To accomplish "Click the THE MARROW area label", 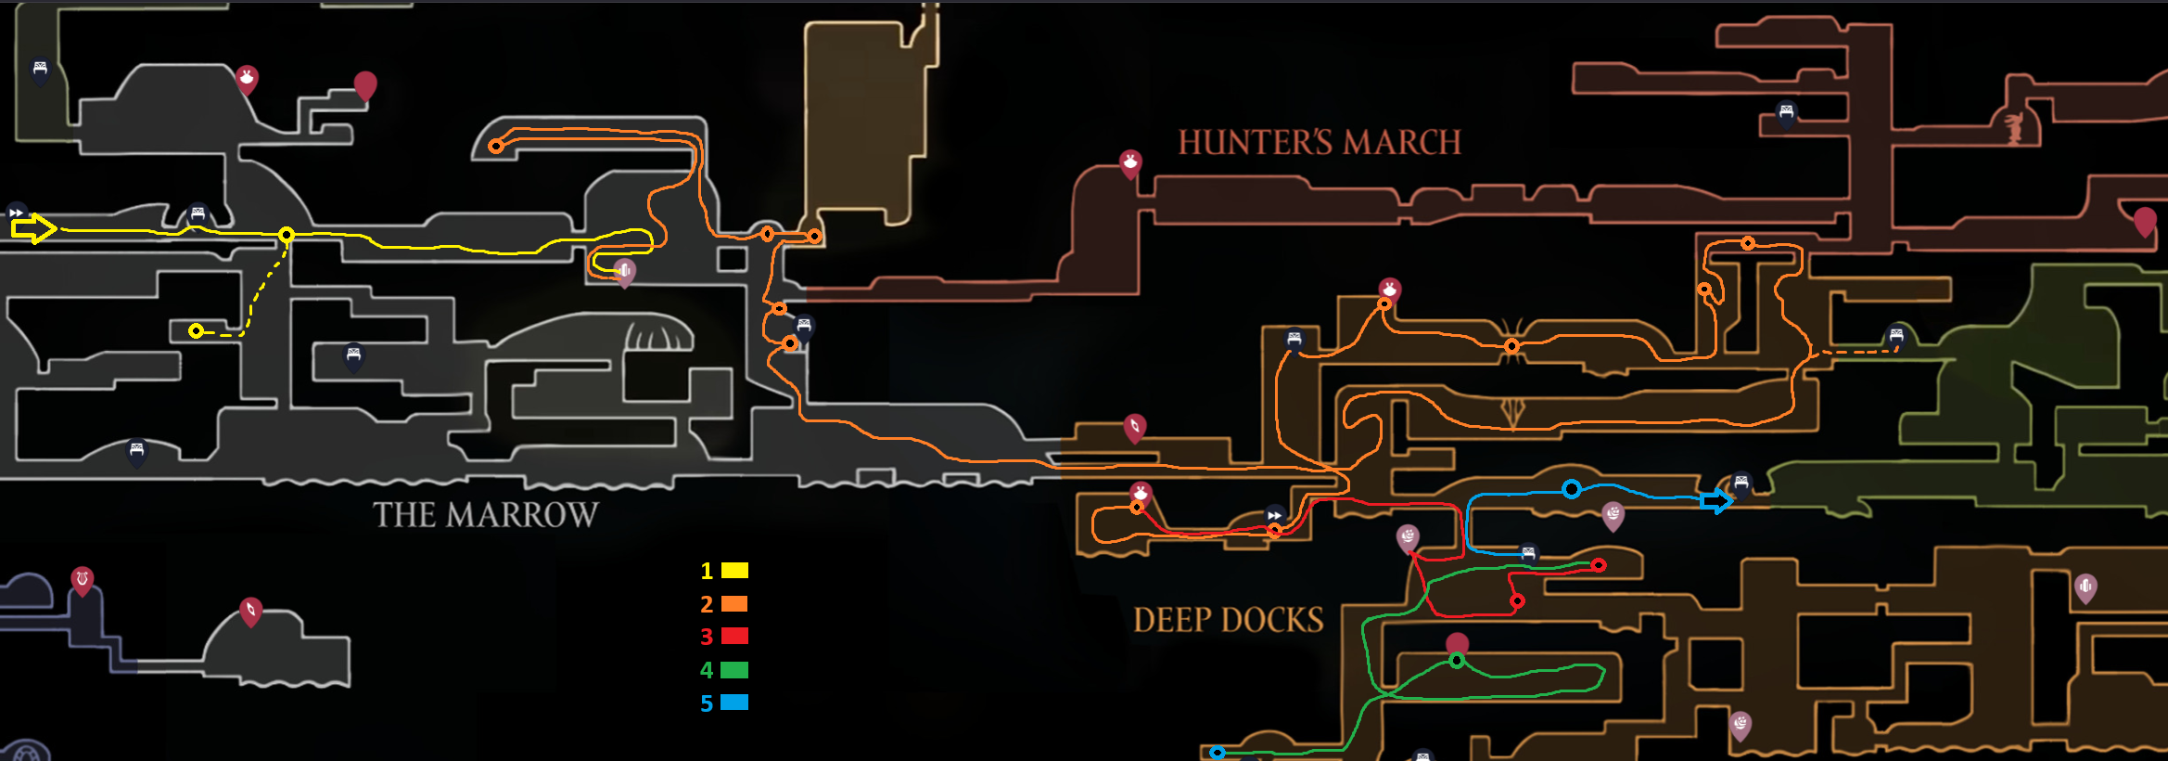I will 485,515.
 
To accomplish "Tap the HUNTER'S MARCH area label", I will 1319,143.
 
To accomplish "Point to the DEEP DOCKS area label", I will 1228,620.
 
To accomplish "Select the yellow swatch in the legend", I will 734,570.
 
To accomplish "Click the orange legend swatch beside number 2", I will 734,603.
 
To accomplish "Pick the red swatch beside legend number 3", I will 734,636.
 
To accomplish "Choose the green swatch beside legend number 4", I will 734,669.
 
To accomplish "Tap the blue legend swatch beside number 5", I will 734,703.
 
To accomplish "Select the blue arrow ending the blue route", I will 1716,502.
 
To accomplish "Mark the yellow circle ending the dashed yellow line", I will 196,331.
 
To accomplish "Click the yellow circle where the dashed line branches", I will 287,235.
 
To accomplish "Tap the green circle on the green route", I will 1457,661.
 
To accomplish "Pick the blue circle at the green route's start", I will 1218,753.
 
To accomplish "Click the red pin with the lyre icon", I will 83,581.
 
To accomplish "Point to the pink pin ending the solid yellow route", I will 625,272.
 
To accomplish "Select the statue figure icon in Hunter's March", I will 2013,128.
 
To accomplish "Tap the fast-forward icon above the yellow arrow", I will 16,213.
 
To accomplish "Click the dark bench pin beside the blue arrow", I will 1741,484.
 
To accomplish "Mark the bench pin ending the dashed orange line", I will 1896,336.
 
